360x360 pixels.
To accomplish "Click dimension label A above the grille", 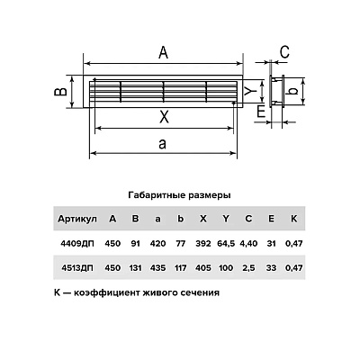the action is [163, 53].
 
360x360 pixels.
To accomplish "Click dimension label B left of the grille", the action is [61, 91].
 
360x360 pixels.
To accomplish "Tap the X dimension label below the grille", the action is [164, 116].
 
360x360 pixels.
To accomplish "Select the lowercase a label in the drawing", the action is [162, 144].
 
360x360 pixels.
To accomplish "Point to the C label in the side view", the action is [284, 52].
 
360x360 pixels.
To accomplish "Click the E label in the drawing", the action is [261, 112].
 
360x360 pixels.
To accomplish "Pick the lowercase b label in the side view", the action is [293, 91].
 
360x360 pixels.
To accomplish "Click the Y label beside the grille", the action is [249, 91].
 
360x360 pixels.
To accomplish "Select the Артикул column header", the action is [77, 219].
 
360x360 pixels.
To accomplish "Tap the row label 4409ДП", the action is [77, 243].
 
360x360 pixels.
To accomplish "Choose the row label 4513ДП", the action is [77, 267].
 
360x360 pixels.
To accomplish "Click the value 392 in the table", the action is [203, 243].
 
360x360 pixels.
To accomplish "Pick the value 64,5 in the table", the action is [226, 244].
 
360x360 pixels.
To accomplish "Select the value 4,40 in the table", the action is [248, 244].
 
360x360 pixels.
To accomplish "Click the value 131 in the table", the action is [135, 267].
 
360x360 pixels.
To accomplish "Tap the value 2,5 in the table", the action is [248, 268].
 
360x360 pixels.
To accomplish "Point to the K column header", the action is [293, 219].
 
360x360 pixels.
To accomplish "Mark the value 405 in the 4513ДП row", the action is [203, 267].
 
